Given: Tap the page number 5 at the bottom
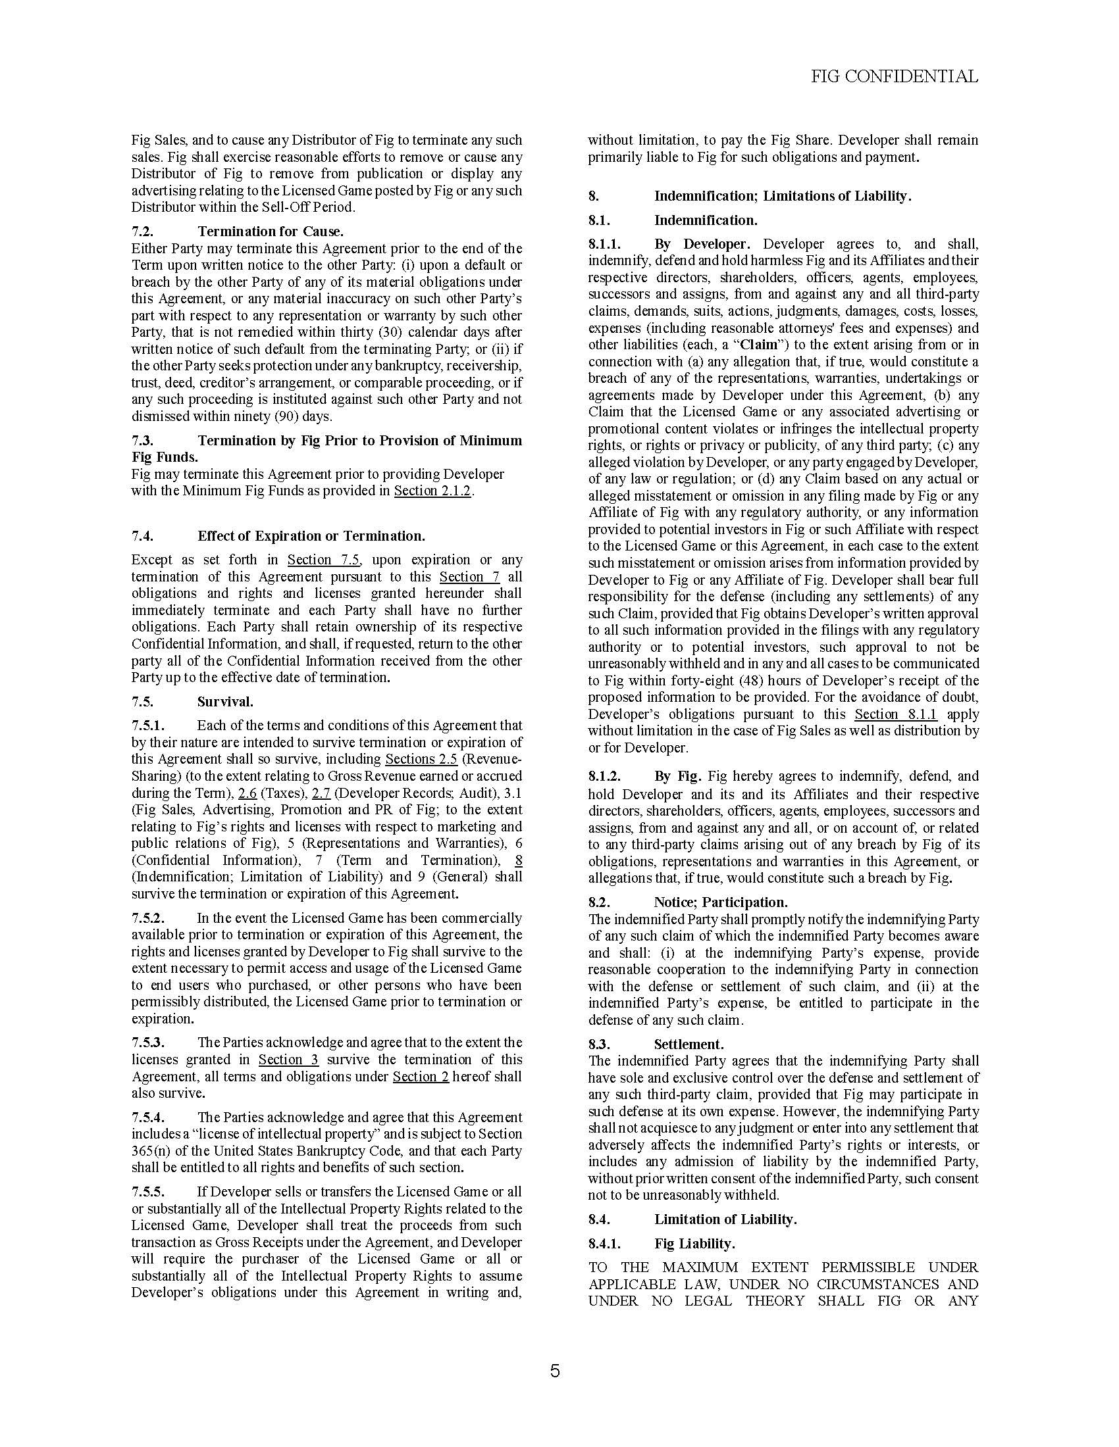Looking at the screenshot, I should coord(555,1370).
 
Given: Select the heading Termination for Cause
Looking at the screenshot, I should coord(271,232).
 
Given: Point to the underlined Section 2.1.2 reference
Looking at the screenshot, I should coord(432,491).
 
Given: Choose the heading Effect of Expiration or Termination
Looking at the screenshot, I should coord(311,535).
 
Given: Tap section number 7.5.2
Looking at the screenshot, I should coord(148,918).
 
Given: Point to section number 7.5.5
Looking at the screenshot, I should coord(148,1192).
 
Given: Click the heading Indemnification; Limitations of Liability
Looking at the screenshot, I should coord(783,196).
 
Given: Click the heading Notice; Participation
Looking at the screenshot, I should coord(721,902).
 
